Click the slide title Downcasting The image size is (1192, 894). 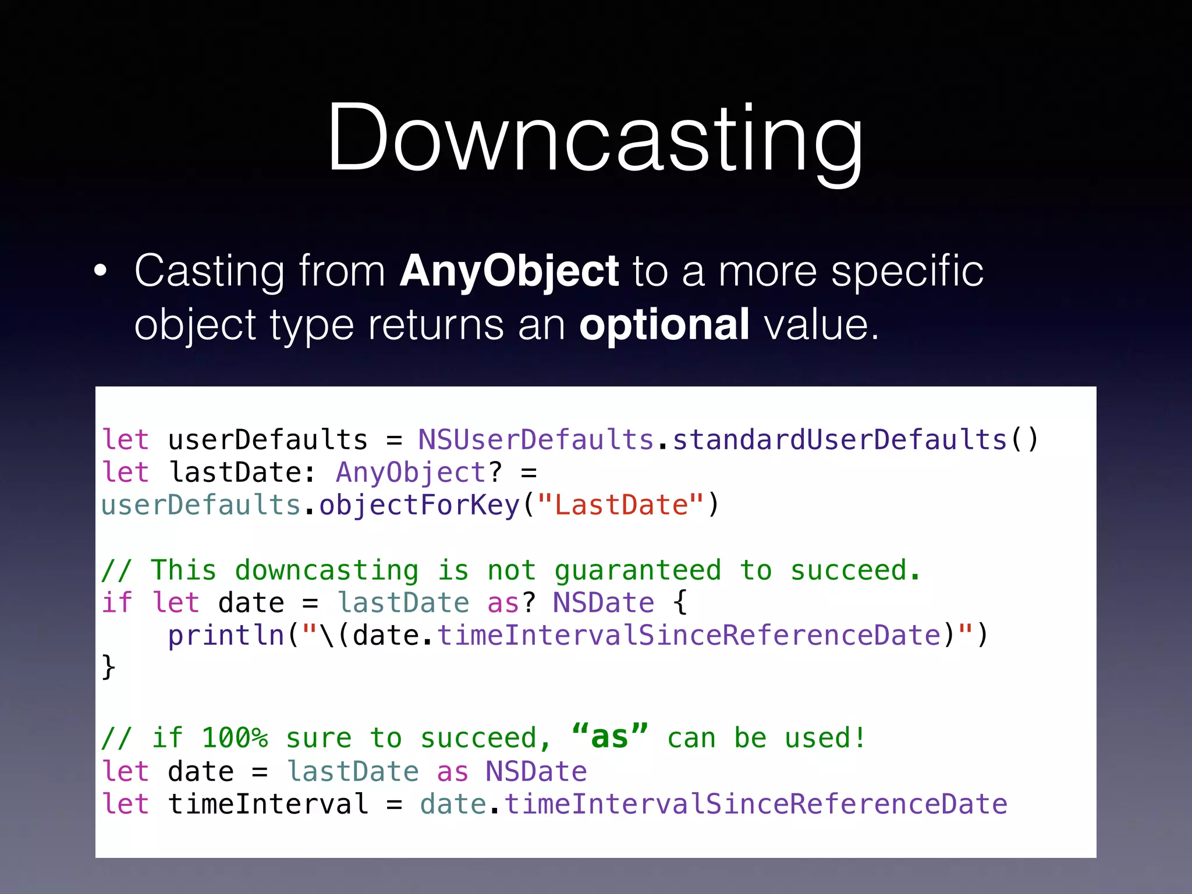click(x=595, y=140)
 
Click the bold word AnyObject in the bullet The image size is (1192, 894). click(x=509, y=271)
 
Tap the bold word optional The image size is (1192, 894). click(x=664, y=325)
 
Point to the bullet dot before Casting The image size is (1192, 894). click(x=101, y=271)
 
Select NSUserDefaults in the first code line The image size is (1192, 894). click(x=535, y=440)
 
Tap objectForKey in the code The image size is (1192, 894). click(x=419, y=505)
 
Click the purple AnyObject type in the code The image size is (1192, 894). click(x=411, y=473)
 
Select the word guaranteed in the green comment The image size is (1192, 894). click(x=637, y=570)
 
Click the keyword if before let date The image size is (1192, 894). click(x=117, y=603)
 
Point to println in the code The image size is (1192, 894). click(x=226, y=636)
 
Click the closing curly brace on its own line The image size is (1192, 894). click(x=109, y=667)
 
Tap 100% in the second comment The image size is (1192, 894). click(x=235, y=739)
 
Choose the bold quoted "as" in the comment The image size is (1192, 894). click(x=609, y=737)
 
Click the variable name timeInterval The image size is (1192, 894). click(x=268, y=804)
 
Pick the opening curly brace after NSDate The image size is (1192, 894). click(x=680, y=603)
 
